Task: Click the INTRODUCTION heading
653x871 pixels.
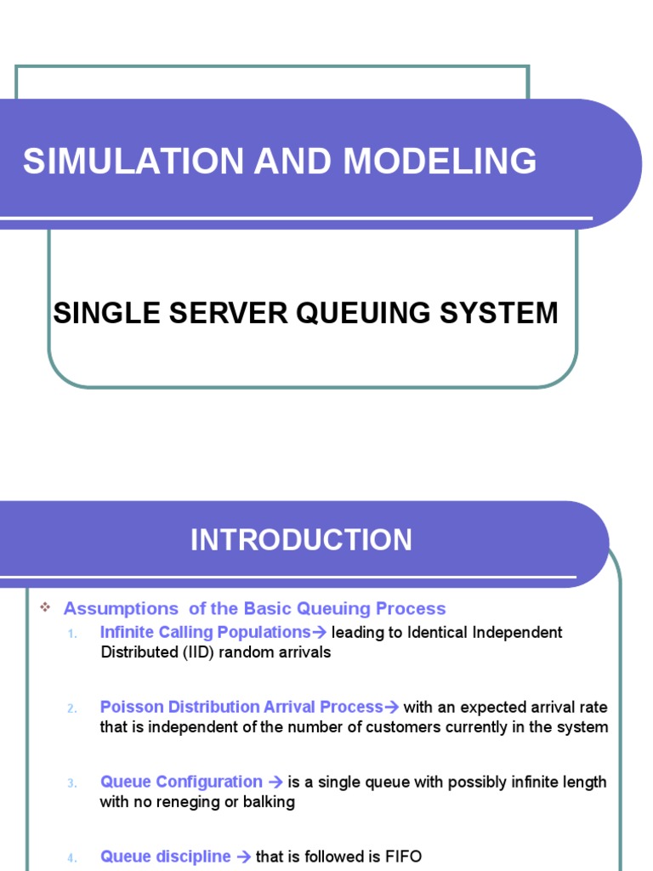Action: pos(301,540)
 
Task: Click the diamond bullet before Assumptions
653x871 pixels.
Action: pos(46,607)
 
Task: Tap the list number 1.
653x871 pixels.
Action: pos(72,634)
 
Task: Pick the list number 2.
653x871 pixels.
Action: pos(72,709)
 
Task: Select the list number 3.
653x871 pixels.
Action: pos(72,783)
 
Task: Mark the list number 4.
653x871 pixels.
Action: pos(72,858)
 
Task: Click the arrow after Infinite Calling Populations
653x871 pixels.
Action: pos(320,632)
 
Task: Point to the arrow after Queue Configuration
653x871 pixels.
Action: pos(275,782)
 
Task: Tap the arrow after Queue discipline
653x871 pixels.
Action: pos(242,857)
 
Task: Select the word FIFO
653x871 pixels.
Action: pos(404,857)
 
